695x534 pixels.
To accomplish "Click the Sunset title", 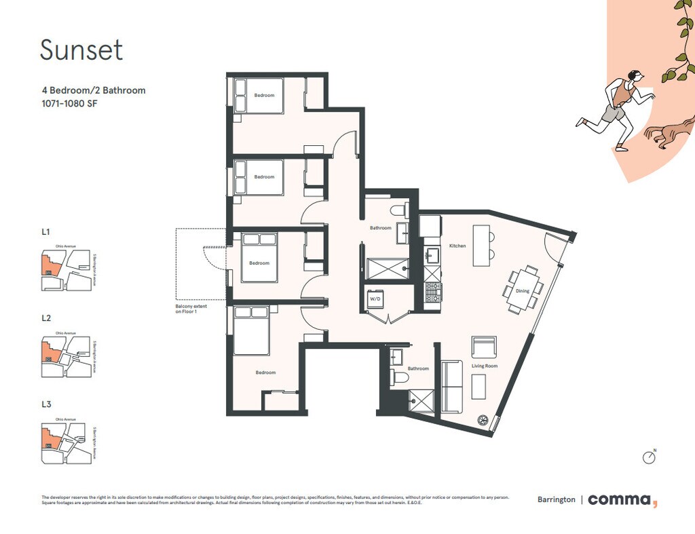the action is point(81,50).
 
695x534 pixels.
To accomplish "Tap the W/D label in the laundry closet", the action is point(375,299).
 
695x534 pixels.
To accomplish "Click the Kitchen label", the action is point(457,246).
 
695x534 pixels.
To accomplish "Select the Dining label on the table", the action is point(523,291).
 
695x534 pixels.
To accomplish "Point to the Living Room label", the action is point(485,366).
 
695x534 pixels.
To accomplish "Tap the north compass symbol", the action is point(650,457).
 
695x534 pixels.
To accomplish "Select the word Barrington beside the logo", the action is point(556,500).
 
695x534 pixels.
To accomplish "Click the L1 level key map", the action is point(66,270).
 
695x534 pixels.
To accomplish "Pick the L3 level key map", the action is point(66,444).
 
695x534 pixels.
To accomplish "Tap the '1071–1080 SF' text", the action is point(69,104).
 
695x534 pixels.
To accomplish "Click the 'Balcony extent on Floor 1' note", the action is point(191,309).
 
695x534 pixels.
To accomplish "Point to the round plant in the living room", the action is point(484,420).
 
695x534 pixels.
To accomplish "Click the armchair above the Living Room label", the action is point(484,348).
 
